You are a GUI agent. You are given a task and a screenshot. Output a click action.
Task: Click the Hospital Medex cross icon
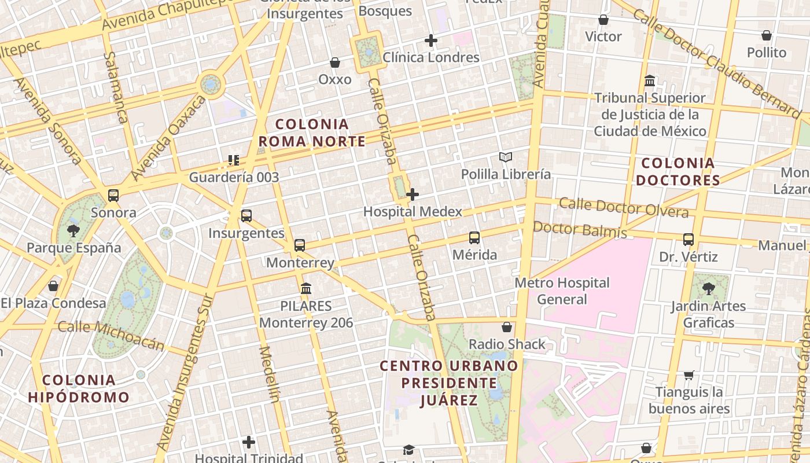click(412, 194)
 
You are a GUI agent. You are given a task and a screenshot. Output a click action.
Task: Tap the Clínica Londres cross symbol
click(430, 41)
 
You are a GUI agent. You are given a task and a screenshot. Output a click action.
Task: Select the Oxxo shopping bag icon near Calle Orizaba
click(334, 63)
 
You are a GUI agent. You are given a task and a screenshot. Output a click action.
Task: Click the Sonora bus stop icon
click(113, 196)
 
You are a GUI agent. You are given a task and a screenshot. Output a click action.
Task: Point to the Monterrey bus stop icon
click(299, 245)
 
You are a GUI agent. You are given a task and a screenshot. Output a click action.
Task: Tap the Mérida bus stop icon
click(474, 238)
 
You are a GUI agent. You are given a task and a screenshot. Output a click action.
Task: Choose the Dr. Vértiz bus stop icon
click(688, 240)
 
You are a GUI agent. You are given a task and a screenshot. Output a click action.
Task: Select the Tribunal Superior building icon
click(650, 81)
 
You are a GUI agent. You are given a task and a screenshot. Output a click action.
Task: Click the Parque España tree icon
click(73, 231)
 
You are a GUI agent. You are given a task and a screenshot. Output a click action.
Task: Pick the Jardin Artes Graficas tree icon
click(708, 288)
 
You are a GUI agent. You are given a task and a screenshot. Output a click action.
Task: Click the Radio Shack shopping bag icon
click(507, 328)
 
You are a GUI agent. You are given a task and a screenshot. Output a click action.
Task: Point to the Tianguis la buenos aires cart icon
click(689, 376)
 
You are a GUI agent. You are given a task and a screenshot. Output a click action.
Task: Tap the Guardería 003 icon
click(234, 160)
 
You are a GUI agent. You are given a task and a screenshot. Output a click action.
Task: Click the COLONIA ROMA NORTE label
click(312, 133)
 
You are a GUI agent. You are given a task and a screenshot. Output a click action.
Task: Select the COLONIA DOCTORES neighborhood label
click(678, 171)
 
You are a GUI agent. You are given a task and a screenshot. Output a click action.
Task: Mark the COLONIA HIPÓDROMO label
click(79, 388)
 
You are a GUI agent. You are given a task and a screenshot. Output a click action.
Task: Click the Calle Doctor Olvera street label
click(624, 207)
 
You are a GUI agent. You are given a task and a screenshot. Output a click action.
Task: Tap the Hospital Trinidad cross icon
click(249, 443)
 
